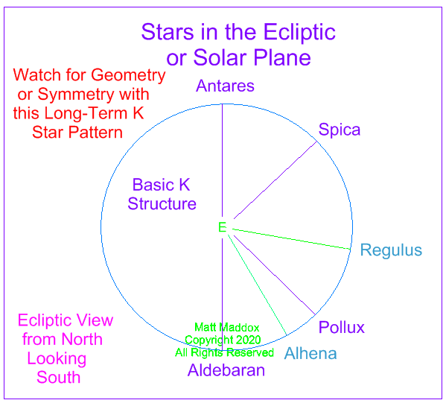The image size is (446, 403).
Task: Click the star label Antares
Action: point(225,86)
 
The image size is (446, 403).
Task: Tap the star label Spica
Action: point(340,130)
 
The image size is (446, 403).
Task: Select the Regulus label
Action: point(391,250)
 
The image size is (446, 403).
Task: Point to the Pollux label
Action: point(341,327)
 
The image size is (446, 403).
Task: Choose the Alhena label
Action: point(310,354)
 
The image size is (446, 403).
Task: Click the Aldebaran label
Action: point(226,370)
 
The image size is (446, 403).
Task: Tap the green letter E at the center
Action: point(222,227)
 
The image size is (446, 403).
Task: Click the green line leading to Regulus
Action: point(292,239)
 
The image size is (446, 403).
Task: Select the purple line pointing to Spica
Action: point(275,180)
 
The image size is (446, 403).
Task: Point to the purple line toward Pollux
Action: point(274,275)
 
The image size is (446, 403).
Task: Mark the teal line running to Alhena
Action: point(257,285)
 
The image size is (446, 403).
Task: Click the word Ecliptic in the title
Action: point(299,33)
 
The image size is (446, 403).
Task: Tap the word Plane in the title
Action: point(282,58)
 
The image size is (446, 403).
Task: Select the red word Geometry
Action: point(128,76)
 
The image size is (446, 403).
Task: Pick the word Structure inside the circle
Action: point(162,204)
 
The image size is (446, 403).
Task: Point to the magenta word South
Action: point(59,378)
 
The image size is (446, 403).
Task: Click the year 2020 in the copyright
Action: point(248,340)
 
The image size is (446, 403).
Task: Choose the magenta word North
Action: point(82,339)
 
